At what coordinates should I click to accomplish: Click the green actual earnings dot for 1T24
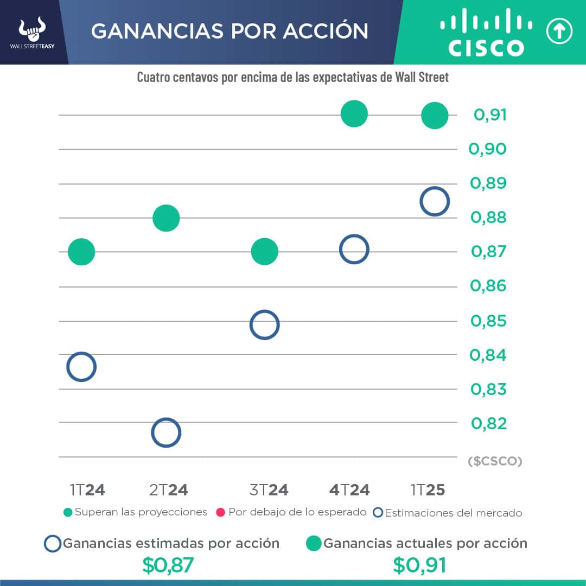coord(81,252)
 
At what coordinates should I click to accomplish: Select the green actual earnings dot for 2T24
coord(166,218)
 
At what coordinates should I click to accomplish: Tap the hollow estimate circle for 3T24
coord(264,325)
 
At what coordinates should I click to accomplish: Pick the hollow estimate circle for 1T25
coord(435,201)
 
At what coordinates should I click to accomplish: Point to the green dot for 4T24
coord(354,114)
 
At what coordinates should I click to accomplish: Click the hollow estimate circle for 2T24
coord(166,432)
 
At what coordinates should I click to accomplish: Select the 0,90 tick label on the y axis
coord(488,149)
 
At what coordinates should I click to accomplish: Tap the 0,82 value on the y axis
coord(488,423)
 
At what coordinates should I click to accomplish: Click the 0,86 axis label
coord(488,286)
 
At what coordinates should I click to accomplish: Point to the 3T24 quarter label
coord(269,491)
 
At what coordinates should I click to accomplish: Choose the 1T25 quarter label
coord(428,491)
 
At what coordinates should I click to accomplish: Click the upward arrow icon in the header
coord(559,32)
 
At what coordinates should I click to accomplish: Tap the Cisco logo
coord(486,33)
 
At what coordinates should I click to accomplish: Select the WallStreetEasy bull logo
coord(32,31)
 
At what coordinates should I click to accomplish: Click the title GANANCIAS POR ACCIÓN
coord(230,31)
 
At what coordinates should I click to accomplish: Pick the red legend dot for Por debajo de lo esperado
coord(221,512)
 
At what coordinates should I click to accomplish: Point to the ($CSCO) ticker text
coord(494,461)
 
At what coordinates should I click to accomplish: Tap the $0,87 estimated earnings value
coord(168,565)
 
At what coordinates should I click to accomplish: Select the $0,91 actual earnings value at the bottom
coord(419,565)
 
